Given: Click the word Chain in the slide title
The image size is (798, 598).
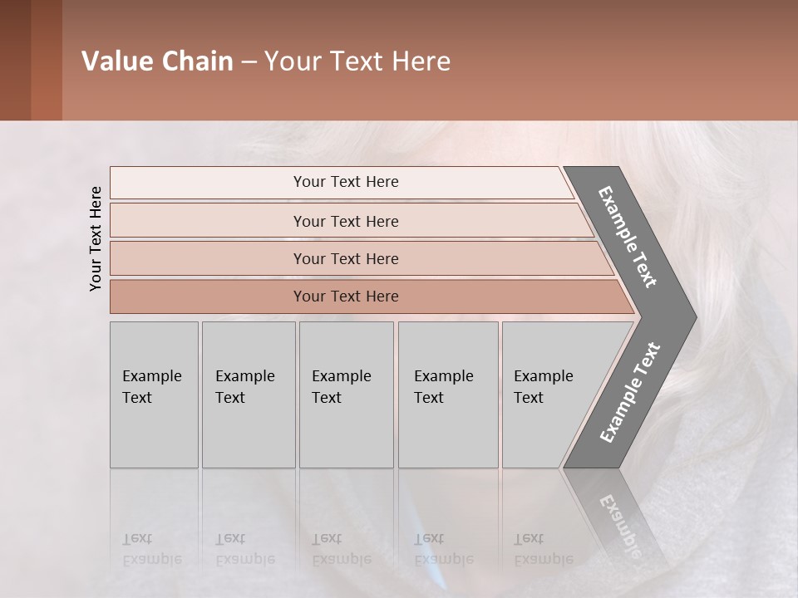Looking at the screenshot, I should coord(197,61).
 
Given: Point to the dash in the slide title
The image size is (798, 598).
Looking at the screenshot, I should coord(249,62).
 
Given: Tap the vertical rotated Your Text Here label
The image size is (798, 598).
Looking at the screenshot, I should coord(96,238).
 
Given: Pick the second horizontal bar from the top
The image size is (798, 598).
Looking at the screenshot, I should coord(345,221).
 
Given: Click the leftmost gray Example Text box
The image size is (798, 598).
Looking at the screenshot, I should coord(154,395).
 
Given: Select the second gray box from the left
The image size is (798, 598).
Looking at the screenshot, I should coord(249,395).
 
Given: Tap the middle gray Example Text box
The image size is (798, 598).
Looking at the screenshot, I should coord(346,395).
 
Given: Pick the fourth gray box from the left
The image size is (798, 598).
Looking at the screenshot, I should coord(448,395).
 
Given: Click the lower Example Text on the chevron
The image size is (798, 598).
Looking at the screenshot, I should coord(630,393).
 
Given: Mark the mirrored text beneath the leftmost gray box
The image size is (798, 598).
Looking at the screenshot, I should coord(151,549).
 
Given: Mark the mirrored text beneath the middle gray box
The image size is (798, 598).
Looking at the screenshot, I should coord(341,549).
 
